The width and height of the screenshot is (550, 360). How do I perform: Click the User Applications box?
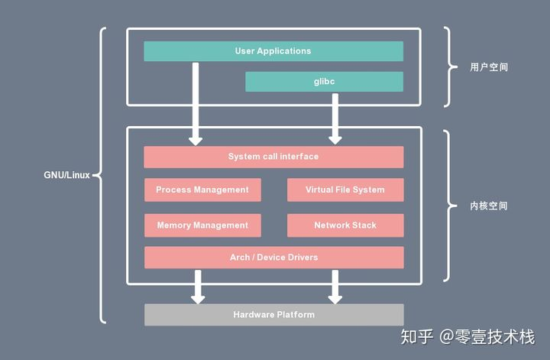(273, 51)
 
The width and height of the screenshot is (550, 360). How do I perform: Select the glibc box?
(324, 82)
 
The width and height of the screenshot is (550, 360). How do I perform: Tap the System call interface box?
(273, 157)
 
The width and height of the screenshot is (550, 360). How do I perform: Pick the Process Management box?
(202, 190)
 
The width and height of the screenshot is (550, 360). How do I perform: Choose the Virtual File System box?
(345, 190)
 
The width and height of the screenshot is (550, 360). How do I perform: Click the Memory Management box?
(202, 225)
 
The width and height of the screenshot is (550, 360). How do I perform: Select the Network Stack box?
(345, 225)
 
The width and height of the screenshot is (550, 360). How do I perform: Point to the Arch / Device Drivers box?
(273, 258)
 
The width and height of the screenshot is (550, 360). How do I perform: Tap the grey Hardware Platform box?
(273, 314)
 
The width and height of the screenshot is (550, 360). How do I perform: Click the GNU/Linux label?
(66, 175)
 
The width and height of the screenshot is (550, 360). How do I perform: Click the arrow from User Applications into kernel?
(196, 103)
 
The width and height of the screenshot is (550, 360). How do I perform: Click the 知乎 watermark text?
(418, 336)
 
